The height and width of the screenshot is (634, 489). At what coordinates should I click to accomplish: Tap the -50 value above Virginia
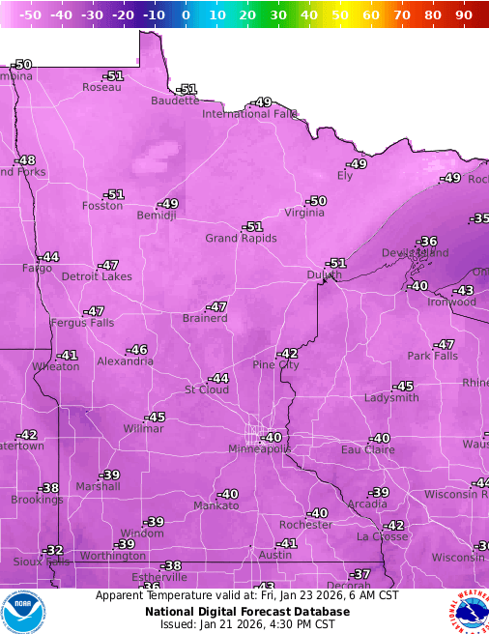(317, 201)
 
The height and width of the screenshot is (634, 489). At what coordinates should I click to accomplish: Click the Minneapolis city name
(259, 449)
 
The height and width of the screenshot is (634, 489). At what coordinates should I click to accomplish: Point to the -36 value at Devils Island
(426, 242)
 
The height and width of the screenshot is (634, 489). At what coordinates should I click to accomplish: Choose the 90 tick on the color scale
(463, 15)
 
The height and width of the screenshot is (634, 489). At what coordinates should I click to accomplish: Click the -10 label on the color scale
(154, 15)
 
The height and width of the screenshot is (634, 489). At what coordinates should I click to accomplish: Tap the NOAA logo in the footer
(24, 612)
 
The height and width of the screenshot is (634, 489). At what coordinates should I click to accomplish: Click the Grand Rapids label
(241, 238)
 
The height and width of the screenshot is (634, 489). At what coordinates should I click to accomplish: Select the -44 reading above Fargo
(48, 257)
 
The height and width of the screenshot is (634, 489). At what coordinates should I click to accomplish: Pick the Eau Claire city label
(366, 450)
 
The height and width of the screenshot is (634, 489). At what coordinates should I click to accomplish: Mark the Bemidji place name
(157, 216)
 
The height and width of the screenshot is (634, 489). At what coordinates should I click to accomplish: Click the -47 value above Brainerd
(217, 306)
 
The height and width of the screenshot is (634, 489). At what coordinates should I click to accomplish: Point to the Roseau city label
(101, 88)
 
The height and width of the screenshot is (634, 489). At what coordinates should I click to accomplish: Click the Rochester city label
(305, 525)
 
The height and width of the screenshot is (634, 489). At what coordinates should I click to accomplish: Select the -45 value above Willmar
(156, 418)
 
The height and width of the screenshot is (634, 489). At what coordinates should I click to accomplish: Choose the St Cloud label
(207, 390)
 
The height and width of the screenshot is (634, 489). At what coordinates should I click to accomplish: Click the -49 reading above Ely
(358, 164)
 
